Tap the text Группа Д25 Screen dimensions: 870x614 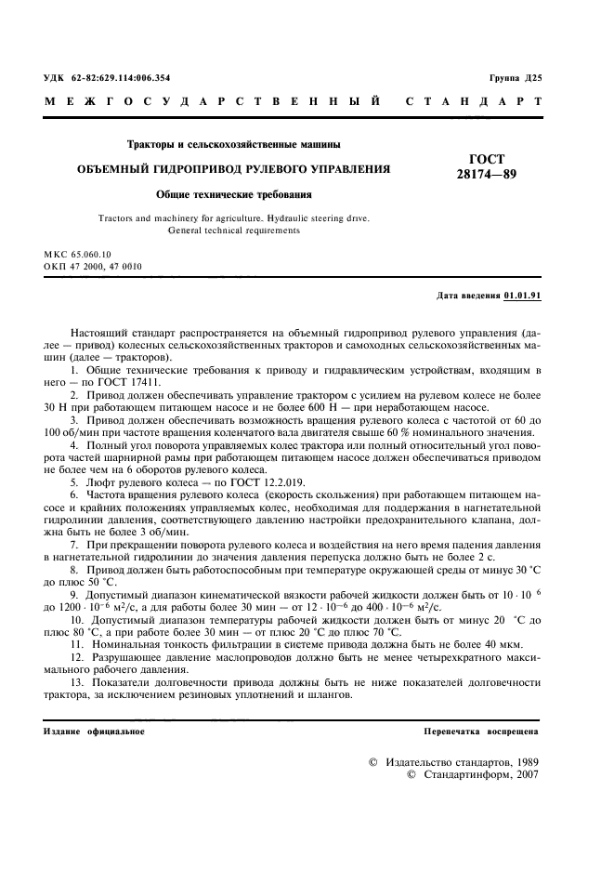pos(515,78)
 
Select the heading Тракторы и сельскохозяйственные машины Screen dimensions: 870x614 pos(233,144)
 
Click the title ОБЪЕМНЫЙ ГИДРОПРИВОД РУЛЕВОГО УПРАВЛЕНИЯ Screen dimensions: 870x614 pos(232,169)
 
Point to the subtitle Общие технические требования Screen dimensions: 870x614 pos(233,195)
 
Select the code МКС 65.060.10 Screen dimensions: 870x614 pos(77,254)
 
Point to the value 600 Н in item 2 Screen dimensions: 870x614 pos(333,407)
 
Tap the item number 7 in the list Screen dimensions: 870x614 pos(73,542)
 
